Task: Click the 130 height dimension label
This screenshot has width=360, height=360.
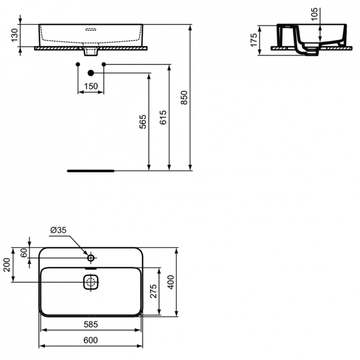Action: click(14, 35)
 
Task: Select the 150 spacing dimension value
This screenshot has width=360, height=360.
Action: click(91, 86)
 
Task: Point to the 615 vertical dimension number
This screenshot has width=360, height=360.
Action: click(163, 118)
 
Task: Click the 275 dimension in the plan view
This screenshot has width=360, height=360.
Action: click(153, 291)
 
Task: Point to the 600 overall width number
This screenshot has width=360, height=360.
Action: click(91, 340)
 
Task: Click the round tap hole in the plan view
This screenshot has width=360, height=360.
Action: click(91, 258)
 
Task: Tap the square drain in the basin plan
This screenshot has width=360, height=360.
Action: click(91, 282)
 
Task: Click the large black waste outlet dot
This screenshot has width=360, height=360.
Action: click(91, 73)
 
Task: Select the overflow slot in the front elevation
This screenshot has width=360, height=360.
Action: click(91, 28)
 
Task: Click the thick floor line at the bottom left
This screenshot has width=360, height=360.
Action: click(91, 170)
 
